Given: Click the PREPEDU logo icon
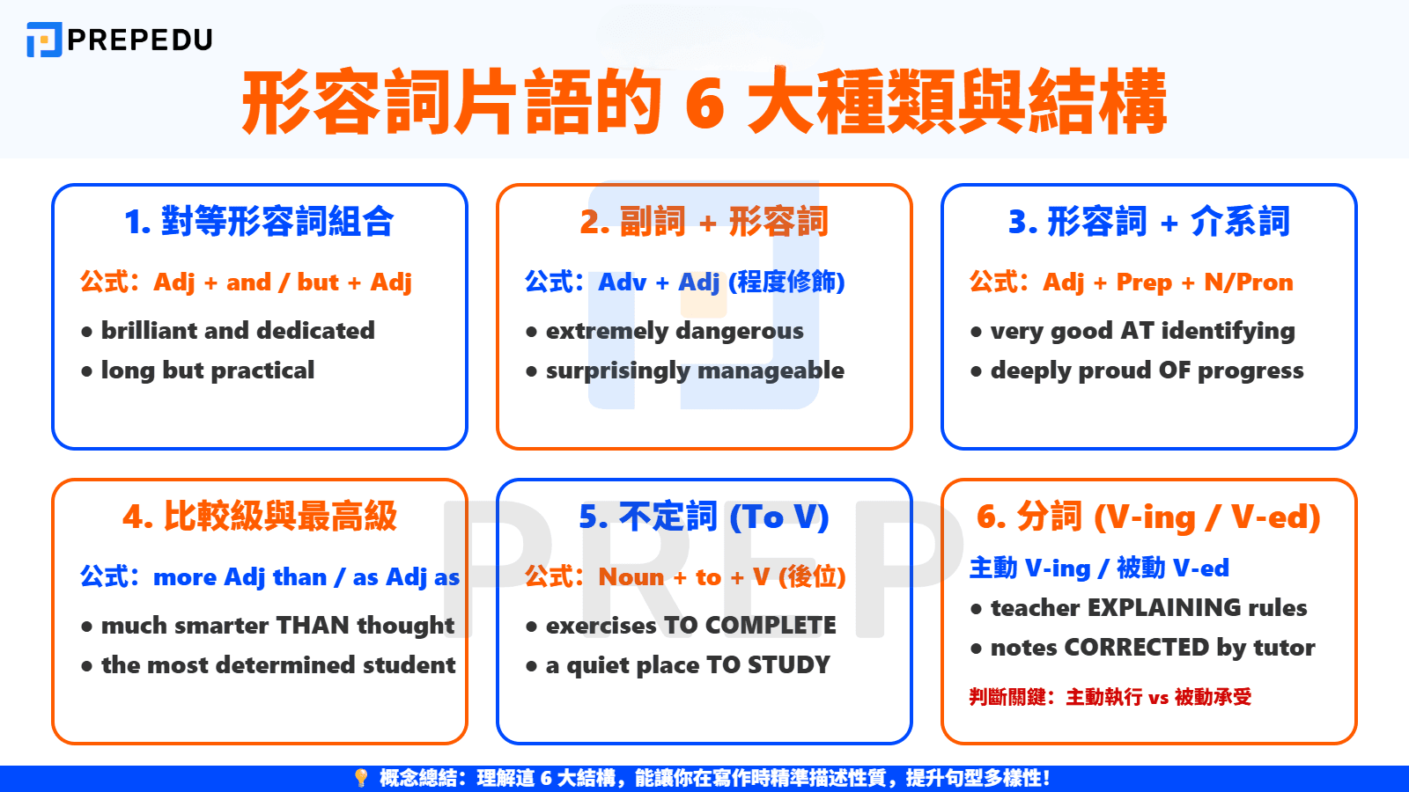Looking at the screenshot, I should [44, 40].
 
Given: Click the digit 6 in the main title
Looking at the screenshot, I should [704, 104].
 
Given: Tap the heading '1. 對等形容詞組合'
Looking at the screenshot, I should [259, 222].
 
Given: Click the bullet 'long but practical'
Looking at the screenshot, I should [207, 370].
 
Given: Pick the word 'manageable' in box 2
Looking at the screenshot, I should [776, 370].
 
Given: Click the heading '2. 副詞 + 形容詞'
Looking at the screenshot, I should [704, 222].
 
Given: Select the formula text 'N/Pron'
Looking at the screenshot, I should [1249, 282].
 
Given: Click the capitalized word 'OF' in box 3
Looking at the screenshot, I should [1174, 370].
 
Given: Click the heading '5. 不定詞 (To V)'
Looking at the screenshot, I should [704, 517].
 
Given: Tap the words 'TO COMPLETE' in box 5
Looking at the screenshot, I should [749, 626].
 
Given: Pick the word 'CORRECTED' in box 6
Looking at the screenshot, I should [1136, 648].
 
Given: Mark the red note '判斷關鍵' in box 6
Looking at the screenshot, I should [1007, 697].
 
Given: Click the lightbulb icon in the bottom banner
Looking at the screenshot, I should [360, 778].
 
